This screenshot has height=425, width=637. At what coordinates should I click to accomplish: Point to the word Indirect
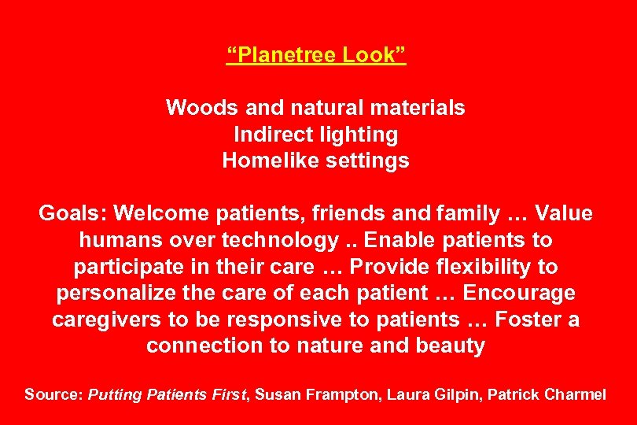271,135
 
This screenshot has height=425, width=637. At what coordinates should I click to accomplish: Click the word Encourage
519,293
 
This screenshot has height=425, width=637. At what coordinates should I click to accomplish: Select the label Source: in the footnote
53,394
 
